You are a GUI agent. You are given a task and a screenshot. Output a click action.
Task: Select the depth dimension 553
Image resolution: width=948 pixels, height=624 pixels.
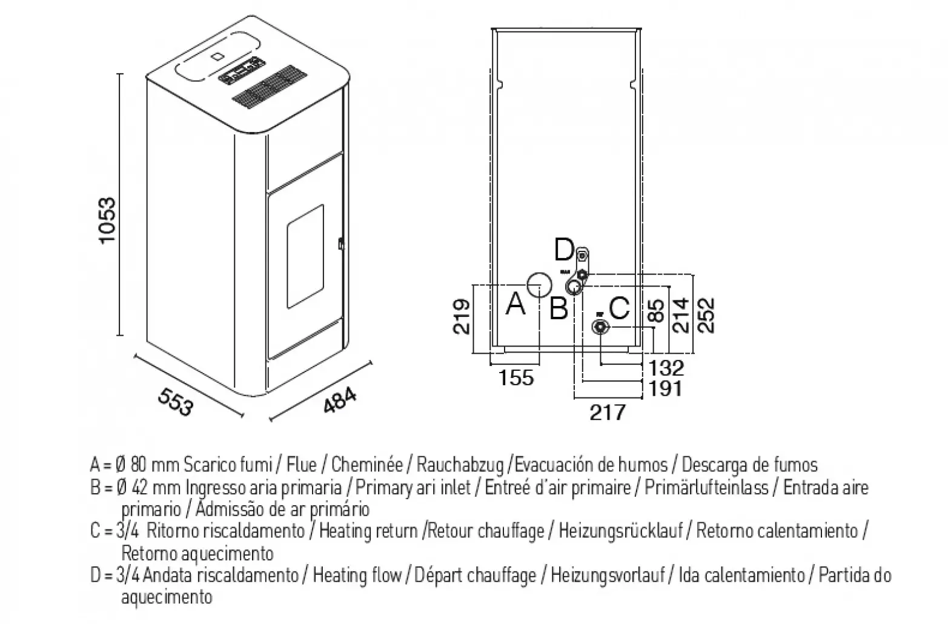[x=175, y=402]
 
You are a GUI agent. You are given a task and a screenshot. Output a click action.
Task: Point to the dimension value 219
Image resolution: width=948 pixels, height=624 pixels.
[x=462, y=316]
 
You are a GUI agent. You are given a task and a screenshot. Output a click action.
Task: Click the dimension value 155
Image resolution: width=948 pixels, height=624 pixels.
[x=516, y=377]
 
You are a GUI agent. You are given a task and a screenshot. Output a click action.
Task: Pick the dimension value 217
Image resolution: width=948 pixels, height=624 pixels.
[x=607, y=413]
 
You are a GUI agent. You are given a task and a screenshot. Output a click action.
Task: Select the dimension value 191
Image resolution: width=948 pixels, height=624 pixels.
[x=665, y=388]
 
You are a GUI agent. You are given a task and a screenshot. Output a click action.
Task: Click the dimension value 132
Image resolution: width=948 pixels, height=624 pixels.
[x=666, y=368]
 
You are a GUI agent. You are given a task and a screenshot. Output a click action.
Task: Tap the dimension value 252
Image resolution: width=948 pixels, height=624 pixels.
[x=706, y=314]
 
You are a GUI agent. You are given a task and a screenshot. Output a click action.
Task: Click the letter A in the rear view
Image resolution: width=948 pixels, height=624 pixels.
[x=515, y=304]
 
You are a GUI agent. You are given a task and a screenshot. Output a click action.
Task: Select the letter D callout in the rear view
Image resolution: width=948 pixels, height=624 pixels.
[x=564, y=248]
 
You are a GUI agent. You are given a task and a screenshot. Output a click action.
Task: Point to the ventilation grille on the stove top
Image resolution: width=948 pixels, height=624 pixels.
[x=267, y=88]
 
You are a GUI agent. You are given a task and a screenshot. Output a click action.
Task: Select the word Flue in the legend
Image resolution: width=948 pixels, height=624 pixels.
[x=302, y=465]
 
